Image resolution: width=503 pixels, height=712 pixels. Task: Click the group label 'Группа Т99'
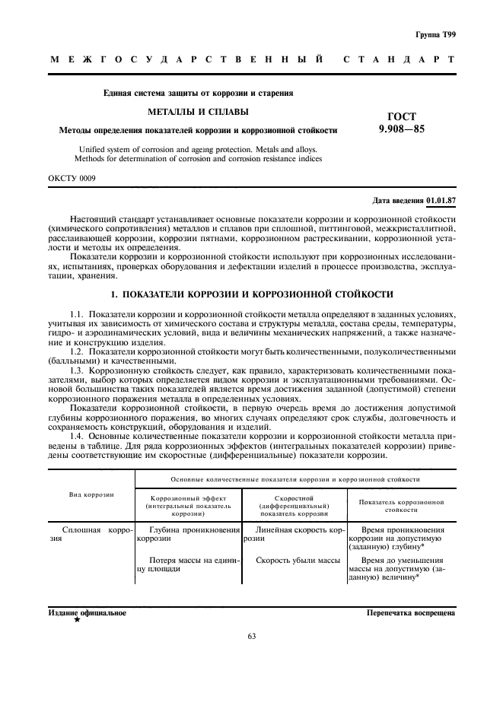435,36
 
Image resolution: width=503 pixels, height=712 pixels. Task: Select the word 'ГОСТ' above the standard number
402,116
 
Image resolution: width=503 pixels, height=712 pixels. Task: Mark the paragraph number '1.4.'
78,437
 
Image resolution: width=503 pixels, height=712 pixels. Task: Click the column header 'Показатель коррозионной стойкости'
401,507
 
